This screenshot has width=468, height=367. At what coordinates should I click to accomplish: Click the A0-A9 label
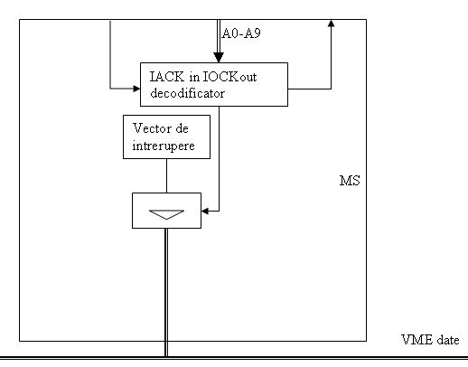click(x=241, y=33)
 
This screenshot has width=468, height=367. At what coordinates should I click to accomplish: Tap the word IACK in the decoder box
click(x=167, y=77)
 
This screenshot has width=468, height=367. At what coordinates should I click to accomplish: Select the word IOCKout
click(x=230, y=77)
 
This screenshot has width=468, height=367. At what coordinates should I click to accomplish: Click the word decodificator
click(x=187, y=93)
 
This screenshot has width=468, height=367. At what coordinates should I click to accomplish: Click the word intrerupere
click(x=164, y=146)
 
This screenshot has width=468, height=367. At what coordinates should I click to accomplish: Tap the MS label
click(x=350, y=181)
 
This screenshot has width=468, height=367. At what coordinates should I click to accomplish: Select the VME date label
click(x=430, y=340)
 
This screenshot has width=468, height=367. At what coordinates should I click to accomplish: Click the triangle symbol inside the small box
click(x=166, y=214)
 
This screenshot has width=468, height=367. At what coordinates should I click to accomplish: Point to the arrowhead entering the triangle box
click(x=205, y=211)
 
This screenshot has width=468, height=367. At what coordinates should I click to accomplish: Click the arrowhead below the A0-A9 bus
click(x=219, y=57)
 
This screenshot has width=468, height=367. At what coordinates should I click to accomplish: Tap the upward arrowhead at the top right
click(x=331, y=24)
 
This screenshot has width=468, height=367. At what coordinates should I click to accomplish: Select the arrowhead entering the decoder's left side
click(x=136, y=89)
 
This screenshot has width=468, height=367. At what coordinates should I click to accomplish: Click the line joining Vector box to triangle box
click(x=166, y=175)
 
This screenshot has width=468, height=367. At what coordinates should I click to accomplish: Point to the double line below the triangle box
click(x=166, y=292)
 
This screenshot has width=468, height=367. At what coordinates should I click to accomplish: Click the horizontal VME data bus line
click(x=234, y=358)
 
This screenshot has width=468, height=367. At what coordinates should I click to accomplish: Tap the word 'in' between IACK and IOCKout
click(x=194, y=77)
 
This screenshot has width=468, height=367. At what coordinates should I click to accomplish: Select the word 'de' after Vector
click(x=182, y=128)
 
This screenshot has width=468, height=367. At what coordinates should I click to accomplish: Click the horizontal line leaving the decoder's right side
click(x=309, y=89)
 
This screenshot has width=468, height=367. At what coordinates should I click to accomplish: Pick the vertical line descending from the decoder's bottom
click(x=219, y=158)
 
